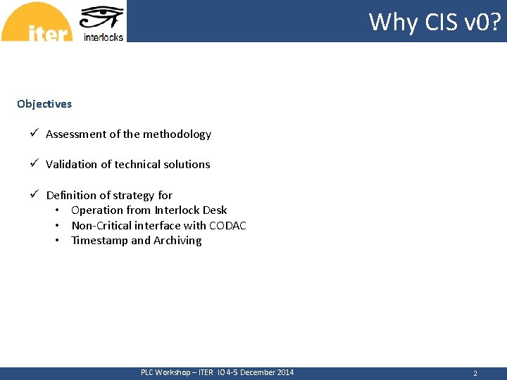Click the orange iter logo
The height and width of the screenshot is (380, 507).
pos(37,23)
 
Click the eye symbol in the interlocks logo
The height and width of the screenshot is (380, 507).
pos(102,18)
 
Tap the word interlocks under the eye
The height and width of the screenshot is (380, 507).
pos(104,37)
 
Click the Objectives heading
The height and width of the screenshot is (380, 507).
pos(44,104)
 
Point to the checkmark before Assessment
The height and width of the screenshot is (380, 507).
pos(33,134)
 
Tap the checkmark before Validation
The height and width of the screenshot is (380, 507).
pos(33,164)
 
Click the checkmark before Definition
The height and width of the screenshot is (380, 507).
pos(33,195)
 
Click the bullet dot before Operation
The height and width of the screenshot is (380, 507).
pos(56,210)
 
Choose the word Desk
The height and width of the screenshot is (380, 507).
pos(215,210)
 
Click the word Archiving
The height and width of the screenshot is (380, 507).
pos(177,241)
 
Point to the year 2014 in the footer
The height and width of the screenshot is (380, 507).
pos(284,372)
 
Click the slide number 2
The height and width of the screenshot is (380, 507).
pos(475,374)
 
